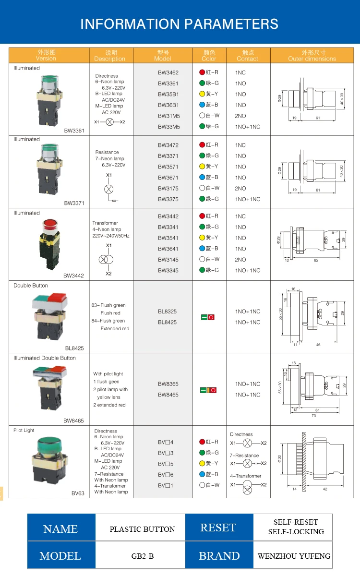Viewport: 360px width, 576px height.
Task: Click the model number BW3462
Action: click(x=168, y=72)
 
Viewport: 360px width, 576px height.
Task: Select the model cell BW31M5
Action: click(x=168, y=116)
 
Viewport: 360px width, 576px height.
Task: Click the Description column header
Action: click(x=110, y=56)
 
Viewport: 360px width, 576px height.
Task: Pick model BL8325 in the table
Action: click(x=167, y=312)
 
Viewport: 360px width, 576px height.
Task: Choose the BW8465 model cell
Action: click(x=168, y=395)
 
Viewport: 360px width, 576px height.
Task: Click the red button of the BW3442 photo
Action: click(x=48, y=224)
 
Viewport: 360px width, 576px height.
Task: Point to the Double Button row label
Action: click(x=31, y=286)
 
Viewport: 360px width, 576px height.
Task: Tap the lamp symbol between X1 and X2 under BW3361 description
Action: click(x=110, y=122)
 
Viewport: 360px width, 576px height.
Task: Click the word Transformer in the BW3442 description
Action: click(x=105, y=223)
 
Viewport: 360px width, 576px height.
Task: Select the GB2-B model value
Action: click(x=142, y=556)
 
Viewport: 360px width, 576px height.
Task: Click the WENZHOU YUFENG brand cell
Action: click(x=294, y=556)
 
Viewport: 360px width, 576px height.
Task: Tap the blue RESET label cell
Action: click(x=218, y=528)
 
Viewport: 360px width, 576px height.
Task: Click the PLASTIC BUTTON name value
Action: click(x=142, y=529)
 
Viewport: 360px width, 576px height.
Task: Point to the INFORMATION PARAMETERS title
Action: click(x=180, y=24)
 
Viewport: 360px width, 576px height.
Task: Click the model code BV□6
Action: click(x=166, y=474)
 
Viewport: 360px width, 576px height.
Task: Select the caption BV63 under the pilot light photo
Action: click(x=78, y=493)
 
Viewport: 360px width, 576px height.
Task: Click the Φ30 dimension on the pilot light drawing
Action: click(x=279, y=459)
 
